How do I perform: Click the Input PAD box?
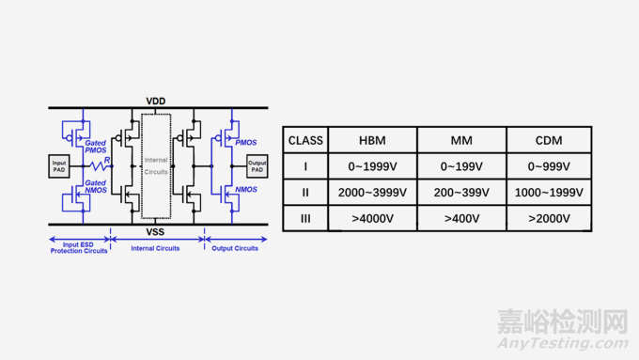click(x=59, y=166)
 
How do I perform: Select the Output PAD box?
click(x=257, y=166)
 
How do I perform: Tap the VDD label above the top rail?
click(x=156, y=102)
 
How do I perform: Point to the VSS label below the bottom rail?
click(x=155, y=232)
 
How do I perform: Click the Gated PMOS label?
click(x=95, y=147)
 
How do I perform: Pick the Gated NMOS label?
click(x=95, y=187)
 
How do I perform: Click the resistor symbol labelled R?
click(x=99, y=166)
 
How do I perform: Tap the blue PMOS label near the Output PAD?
click(x=246, y=143)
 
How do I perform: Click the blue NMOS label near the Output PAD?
click(x=246, y=190)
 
